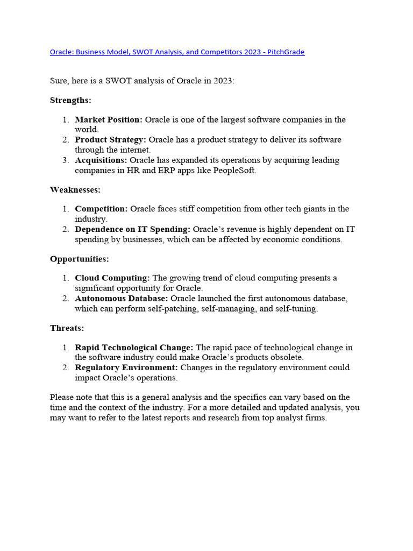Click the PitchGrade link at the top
pyautogui.click(x=177, y=52)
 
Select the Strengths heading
pyautogui.click(x=70, y=100)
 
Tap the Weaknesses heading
pyautogui.click(x=75, y=189)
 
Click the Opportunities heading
pyautogui.click(x=79, y=259)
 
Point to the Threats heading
pyautogui.click(x=67, y=328)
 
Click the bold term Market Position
pyautogui.click(x=109, y=119)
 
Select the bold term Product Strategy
pyautogui.click(x=110, y=140)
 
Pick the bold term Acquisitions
pyautogui.click(x=101, y=160)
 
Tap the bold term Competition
pyautogui.click(x=101, y=209)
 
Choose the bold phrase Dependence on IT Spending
pyautogui.click(x=132, y=229)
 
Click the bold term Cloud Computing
pyautogui.click(x=112, y=278)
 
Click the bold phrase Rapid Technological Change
pyautogui.click(x=134, y=348)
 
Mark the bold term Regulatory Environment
pyautogui.click(x=126, y=368)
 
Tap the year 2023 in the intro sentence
pyautogui.click(x=223, y=81)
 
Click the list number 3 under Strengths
pyautogui.click(x=65, y=160)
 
